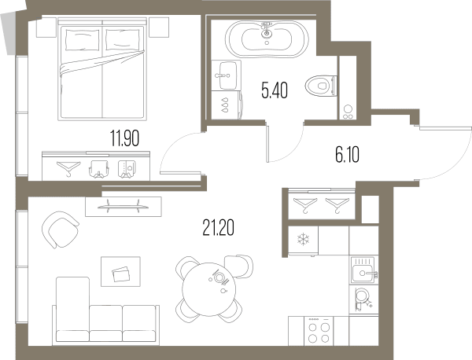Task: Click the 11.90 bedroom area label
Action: [x=124, y=138]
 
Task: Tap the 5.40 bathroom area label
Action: [x=275, y=90]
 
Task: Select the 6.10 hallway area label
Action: [x=348, y=155]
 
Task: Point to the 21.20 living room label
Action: [x=218, y=228]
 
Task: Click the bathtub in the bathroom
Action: [x=267, y=39]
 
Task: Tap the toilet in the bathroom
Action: [x=321, y=86]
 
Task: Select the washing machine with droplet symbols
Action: [x=227, y=105]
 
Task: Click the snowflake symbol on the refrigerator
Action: [x=303, y=240]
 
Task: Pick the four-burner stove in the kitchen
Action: [x=319, y=331]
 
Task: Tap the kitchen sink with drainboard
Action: [x=363, y=270]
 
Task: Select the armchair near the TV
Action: [x=60, y=230]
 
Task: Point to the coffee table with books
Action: [x=120, y=272]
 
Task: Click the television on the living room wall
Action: [x=124, y=206]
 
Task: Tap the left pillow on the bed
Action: [x=82, y=40]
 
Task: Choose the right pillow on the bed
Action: [x=123, y=40]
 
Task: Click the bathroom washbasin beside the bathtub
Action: [x=226, y=75]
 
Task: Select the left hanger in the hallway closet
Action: [x=305, y=205]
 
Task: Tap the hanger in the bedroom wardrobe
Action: [x=69, y=168]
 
